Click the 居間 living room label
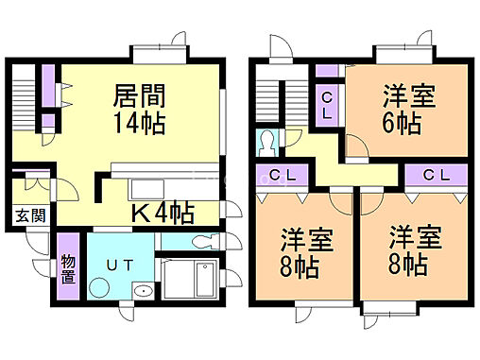[x=140, y=94]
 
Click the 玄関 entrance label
[x=27, y=214]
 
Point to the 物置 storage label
[x=67, y=269]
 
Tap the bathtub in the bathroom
[x=193, y=281]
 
